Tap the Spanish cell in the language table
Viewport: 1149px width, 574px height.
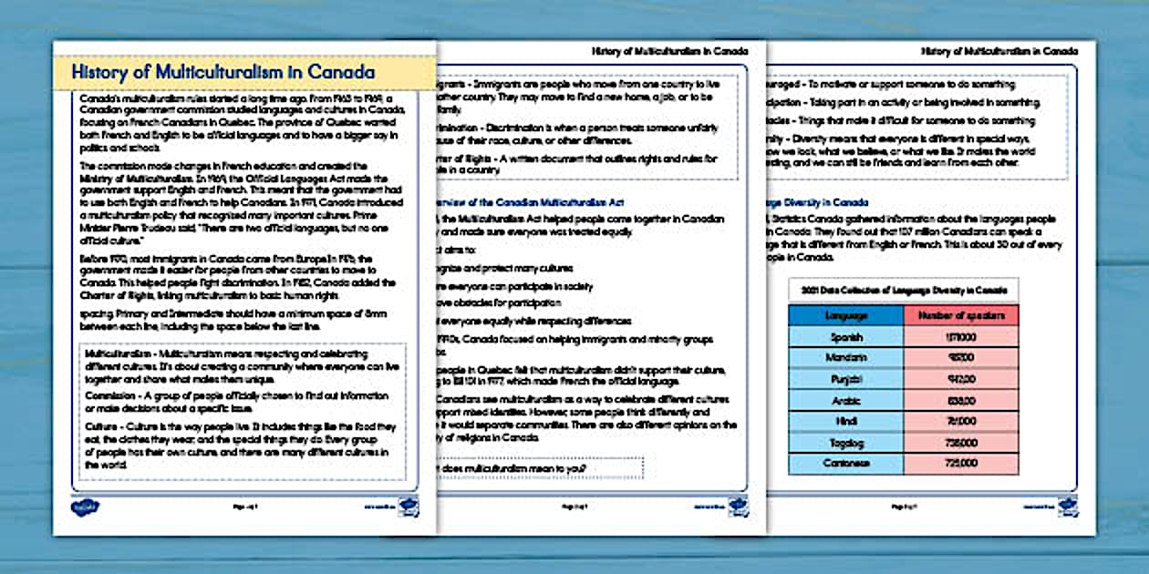click(x=845, y=337)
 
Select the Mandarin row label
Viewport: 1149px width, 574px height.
click(x=845, y=358)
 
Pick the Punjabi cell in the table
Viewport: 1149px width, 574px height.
click(x=845, y=379)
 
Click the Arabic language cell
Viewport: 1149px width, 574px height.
click(x=845, y=400)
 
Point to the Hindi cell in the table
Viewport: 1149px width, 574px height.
click(x=845, y=421)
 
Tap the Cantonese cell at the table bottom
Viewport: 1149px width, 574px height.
click(x=845, y=463)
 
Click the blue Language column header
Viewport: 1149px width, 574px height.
click(x=845, y=315)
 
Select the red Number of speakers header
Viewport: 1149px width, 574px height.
click(x=960, y=315)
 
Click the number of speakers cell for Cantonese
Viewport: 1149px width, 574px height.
click(x=960, y=463)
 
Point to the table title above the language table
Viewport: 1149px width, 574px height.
click(x=904, y=291)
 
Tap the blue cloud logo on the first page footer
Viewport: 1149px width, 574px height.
click(x=86, y=507)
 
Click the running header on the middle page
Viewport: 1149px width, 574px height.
click(x=669, y=52)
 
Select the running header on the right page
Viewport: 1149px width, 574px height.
click(x=999, y=52)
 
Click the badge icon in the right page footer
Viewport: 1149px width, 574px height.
click(x=1067, y=507)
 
